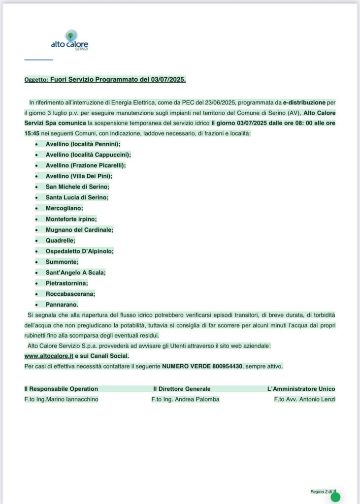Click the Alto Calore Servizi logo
tap(69, 41)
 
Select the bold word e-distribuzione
tap(304, 102)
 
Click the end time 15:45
tap(33, 133)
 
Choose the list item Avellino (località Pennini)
tap(83, 144)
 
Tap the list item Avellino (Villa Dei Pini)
tap(79, 176)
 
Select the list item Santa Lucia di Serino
tap(77, 197)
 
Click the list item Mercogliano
tap(64, 208)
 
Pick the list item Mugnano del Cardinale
tap(79, 229)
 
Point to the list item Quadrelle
tap(61, 240)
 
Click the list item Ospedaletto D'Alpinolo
tap(79, 251)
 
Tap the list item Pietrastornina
tap(66, 283)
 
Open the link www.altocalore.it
tap(49, 356)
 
